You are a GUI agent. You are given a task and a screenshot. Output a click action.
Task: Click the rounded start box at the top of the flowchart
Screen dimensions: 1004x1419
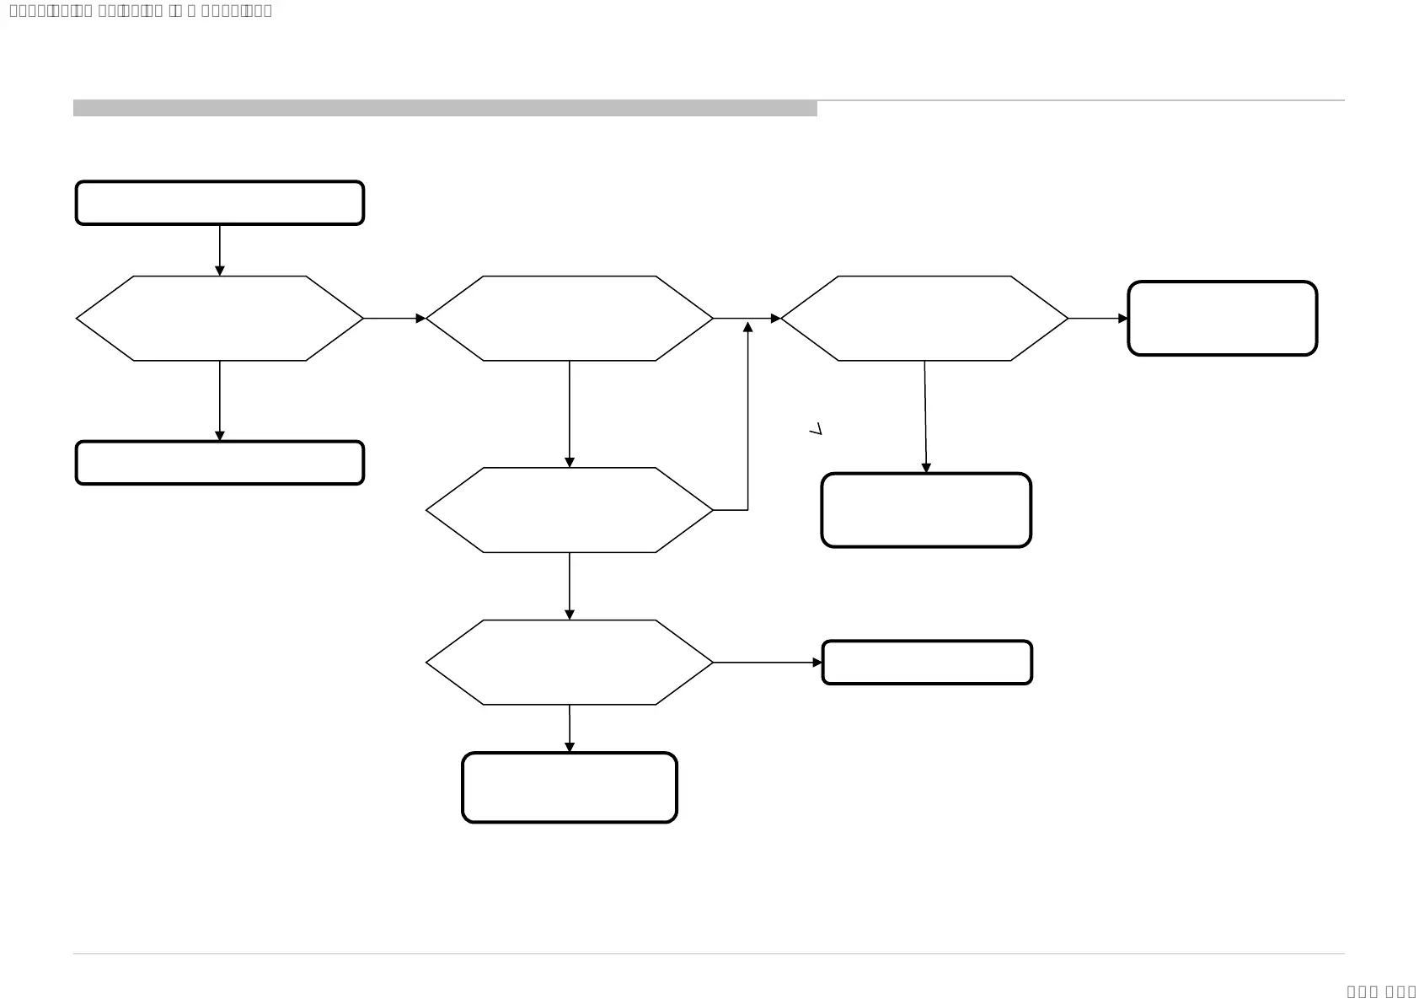(219, 203)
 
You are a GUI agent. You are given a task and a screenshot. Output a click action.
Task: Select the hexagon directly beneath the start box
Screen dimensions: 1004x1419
(219, 319)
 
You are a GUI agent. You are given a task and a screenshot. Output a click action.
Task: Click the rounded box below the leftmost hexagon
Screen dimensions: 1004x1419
(219, 463)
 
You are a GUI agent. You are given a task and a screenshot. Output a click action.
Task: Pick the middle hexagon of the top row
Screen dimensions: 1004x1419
(569, 319)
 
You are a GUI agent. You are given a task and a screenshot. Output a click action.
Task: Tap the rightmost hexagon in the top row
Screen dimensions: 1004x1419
(924, 319)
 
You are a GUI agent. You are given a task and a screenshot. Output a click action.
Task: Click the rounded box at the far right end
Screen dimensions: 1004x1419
(1222, 319)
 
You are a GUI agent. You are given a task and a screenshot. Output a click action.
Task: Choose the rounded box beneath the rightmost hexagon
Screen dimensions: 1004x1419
(926, 510)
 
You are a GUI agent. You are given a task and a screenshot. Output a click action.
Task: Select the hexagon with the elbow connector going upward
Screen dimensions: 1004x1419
(569, 510)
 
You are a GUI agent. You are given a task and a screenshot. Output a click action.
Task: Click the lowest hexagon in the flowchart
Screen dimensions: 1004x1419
(569, 663)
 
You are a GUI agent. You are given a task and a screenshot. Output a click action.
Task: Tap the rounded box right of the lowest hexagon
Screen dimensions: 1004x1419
(927, 663)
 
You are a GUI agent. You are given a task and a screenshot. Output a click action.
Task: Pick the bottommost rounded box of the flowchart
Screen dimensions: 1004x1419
(569, 787)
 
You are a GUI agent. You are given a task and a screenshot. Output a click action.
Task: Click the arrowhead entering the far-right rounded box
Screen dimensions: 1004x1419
(1123, 319)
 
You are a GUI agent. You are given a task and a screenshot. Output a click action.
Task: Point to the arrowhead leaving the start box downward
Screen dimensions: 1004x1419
(220, 271)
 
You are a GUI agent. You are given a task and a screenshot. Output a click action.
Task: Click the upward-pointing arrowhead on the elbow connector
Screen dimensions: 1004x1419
(747, 327)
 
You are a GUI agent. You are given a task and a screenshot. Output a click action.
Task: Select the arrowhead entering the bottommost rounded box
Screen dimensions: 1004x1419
(570, 748)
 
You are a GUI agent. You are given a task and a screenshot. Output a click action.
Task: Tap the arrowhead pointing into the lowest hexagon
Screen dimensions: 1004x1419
(570, 615)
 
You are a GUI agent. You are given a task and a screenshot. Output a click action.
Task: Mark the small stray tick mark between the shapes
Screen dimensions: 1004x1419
(815, 429)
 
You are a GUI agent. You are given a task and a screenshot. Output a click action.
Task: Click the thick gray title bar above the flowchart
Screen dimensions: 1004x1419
(445, 108)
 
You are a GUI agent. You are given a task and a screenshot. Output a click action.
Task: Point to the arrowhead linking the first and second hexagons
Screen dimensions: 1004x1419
(420, 319)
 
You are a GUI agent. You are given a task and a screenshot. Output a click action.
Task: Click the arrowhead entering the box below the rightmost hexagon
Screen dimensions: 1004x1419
(926, 468)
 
